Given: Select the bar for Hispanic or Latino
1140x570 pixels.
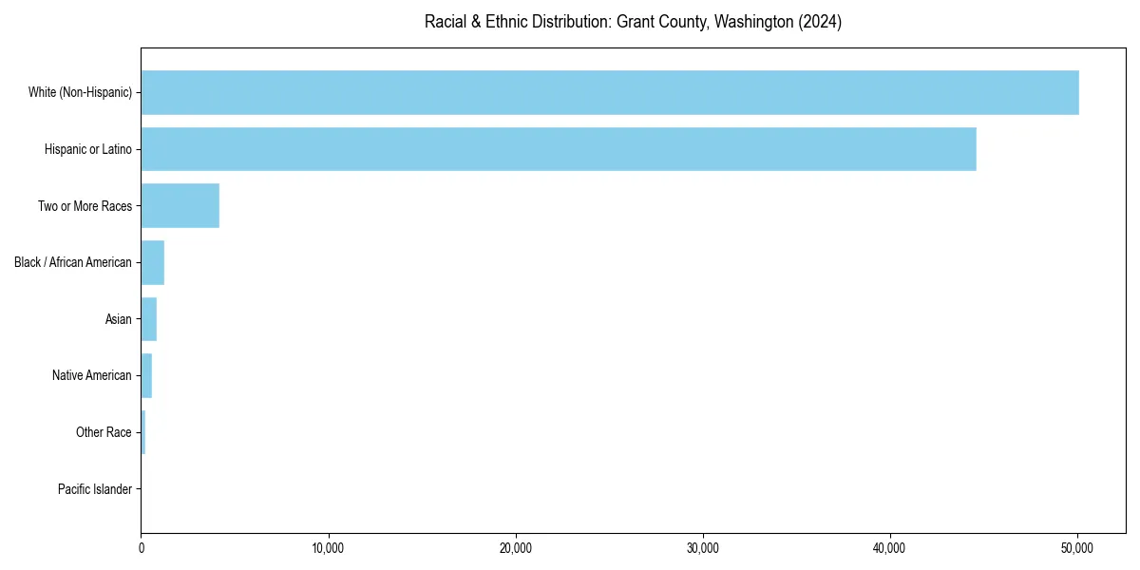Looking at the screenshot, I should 559,149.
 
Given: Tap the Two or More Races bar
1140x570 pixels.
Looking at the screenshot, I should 180,206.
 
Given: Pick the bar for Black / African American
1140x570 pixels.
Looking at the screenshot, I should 153,262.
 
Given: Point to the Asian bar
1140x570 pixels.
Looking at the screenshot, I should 149,319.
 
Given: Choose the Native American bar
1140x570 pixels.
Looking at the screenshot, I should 146,375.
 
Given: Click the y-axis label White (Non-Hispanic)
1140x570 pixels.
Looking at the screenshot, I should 80,92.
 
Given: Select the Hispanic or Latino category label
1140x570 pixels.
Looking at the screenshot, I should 87,149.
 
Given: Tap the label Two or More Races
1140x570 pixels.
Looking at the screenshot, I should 85,206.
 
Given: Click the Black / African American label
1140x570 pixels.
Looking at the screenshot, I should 72,262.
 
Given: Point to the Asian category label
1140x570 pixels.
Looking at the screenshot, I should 118,319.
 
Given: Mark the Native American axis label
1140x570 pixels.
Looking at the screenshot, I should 91,375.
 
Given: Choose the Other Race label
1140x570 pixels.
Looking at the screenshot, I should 104,432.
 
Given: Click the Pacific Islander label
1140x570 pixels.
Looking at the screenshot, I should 94,489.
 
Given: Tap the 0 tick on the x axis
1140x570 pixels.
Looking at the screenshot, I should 142,548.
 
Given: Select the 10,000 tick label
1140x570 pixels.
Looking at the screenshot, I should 329,548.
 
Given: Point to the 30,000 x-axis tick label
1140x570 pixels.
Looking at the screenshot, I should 703,548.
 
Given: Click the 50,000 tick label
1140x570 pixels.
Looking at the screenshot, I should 1077,548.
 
